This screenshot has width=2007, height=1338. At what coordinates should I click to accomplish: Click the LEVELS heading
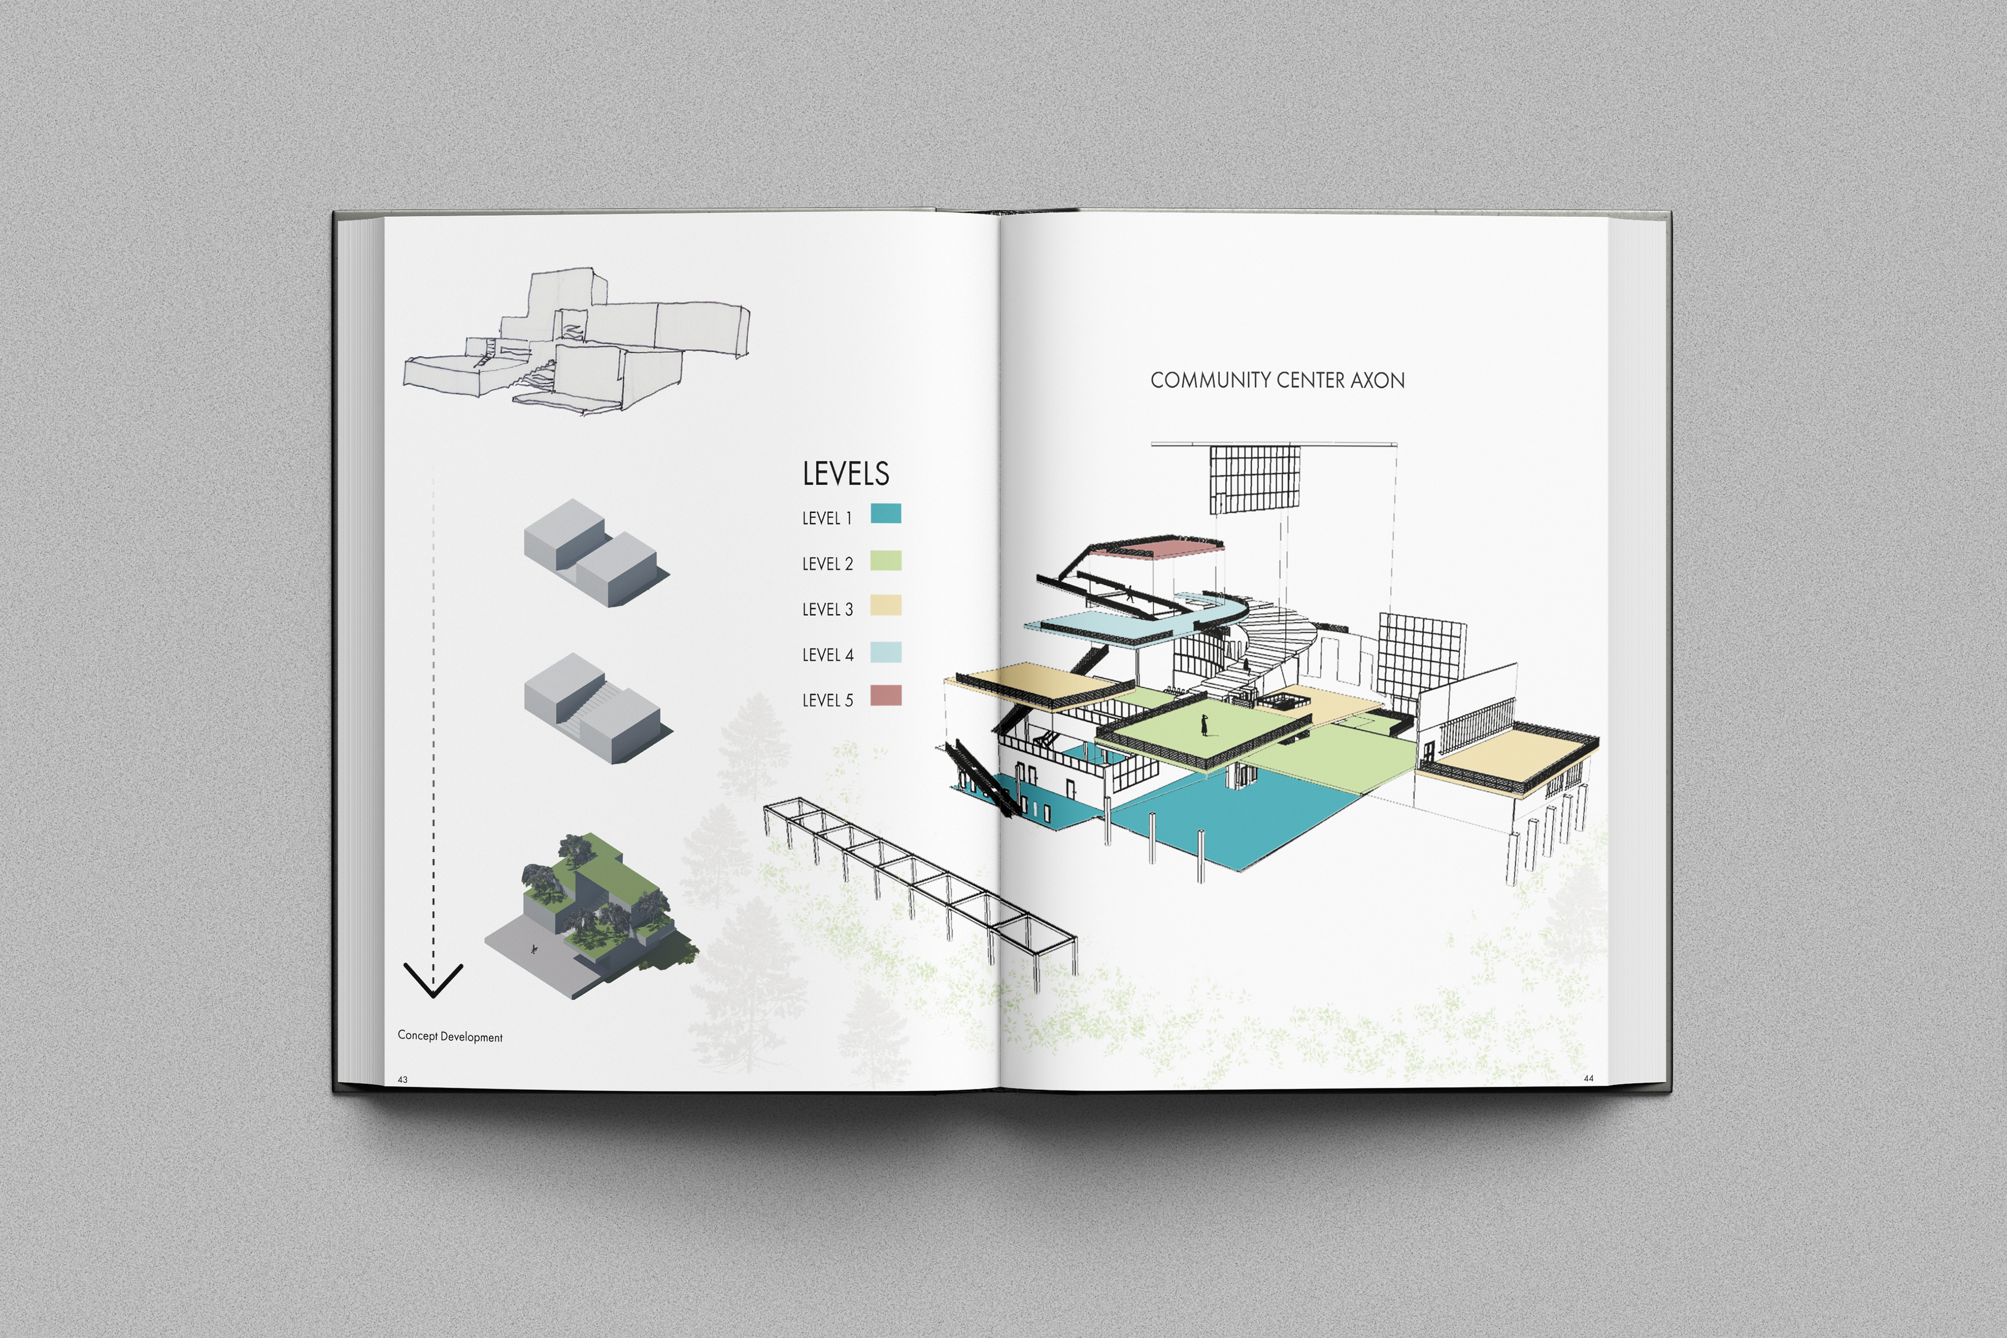(x=845, y=474)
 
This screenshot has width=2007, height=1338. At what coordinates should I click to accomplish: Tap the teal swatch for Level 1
(x=886, y=514)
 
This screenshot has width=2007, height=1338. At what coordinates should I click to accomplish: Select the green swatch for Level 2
(x=886, y=561)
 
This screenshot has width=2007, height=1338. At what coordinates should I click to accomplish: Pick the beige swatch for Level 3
(x=886, y=606)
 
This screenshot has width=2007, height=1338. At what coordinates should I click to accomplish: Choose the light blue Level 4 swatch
(x=886, y=653)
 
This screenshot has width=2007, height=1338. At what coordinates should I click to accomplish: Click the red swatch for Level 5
(x=886, y=696)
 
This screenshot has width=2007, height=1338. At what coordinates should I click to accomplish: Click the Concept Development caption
(x=449, y=1036)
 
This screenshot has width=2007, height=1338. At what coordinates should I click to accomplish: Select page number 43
(x=403, y=1079)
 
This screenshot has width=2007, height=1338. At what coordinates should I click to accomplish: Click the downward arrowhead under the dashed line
(x=433, y=982)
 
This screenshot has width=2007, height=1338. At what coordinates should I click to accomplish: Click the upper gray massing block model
(x=595, y=553)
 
